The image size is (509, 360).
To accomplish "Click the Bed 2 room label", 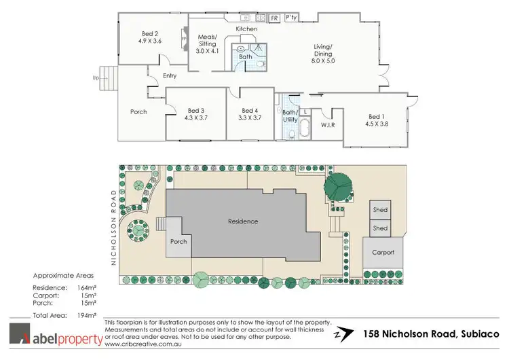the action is pos(150,34).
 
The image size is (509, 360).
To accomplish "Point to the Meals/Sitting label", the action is pos(207,39).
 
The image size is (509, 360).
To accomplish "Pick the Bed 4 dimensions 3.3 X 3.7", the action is pos(250,118).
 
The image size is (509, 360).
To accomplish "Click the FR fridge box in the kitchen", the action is pos(275,18).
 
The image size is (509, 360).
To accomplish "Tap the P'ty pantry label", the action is pos(292,18).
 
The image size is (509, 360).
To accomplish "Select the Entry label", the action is pos(170,75).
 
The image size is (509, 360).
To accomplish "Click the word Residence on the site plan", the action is pos(243,221).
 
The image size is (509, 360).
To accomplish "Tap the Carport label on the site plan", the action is pos(383,252).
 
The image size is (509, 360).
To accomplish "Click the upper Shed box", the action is pos(380,210).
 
